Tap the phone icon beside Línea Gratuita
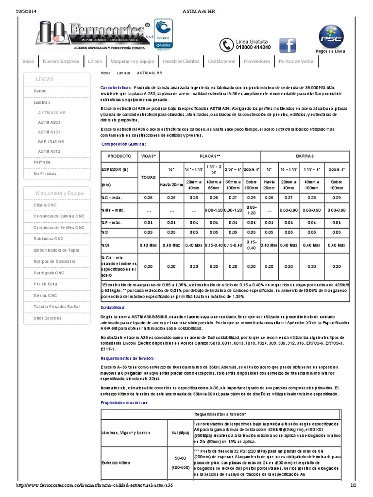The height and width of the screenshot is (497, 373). pyautogui.click(x=225, y=45)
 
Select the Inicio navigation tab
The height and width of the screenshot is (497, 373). pyautogui.click(x=28, y=61)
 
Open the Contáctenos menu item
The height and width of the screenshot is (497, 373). pyautogui.click(x=221, y=61)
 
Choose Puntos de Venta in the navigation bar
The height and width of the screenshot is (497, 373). pyautogui.click(x=296, y=61)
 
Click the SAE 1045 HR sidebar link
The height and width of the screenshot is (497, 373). pyautogui.click(x=51, y=141)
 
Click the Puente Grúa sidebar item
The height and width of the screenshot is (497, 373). pyautogui.click(x=46, y=284)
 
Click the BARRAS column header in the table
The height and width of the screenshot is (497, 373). pyautogui.click(x=305, y=156)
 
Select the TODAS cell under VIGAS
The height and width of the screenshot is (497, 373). pyautogui.click(x=148, y=177)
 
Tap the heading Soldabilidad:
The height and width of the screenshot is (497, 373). pyautogui.click(x=113, y=308)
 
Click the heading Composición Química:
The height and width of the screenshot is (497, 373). pyautogui.click(x=123, y=144)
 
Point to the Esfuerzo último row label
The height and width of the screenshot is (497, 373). pyautogui.click(x=116, y=463)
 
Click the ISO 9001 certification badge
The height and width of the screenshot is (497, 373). pyautogui.click(x=163, y=34)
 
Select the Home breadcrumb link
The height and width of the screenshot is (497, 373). pyautogui.click(x=105, y=73)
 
